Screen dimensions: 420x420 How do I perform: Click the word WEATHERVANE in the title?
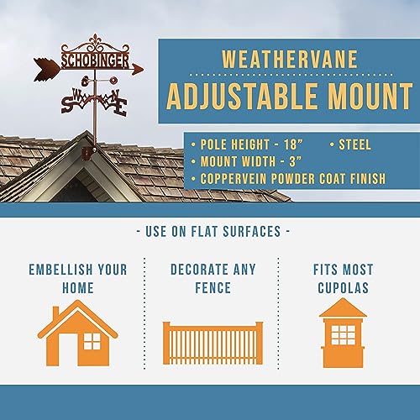click(290, 59)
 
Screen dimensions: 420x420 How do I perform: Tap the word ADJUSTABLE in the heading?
click(242, 96)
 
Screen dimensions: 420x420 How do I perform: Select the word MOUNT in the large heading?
click(370, 96)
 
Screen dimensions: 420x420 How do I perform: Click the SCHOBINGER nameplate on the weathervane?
click(95, 60)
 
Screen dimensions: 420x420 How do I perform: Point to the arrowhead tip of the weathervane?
click(144, 69)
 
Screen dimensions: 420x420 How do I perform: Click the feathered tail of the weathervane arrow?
click(46, 69)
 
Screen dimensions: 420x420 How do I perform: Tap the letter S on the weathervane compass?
click(67, 103)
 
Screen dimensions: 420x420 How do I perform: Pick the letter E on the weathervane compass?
click(121, 108)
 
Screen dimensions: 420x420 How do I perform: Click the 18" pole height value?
click(293, 144)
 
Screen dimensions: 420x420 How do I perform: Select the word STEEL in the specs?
click(354, 144)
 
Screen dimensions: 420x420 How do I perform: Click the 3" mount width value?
click(296, 161)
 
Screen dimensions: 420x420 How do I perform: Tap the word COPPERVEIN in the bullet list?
click(234, 179)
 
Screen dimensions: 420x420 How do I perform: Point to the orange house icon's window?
click(92, 341)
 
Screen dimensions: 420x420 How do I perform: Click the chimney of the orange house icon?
click(55, 312)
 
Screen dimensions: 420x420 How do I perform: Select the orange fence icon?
click(213, 344)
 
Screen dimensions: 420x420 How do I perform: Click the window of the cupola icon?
click(343, 335)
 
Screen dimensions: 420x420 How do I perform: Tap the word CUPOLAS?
click(343, 288)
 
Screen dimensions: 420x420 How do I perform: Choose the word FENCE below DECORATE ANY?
click(213, 288)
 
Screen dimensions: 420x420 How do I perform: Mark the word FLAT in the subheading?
click(204, 232)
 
